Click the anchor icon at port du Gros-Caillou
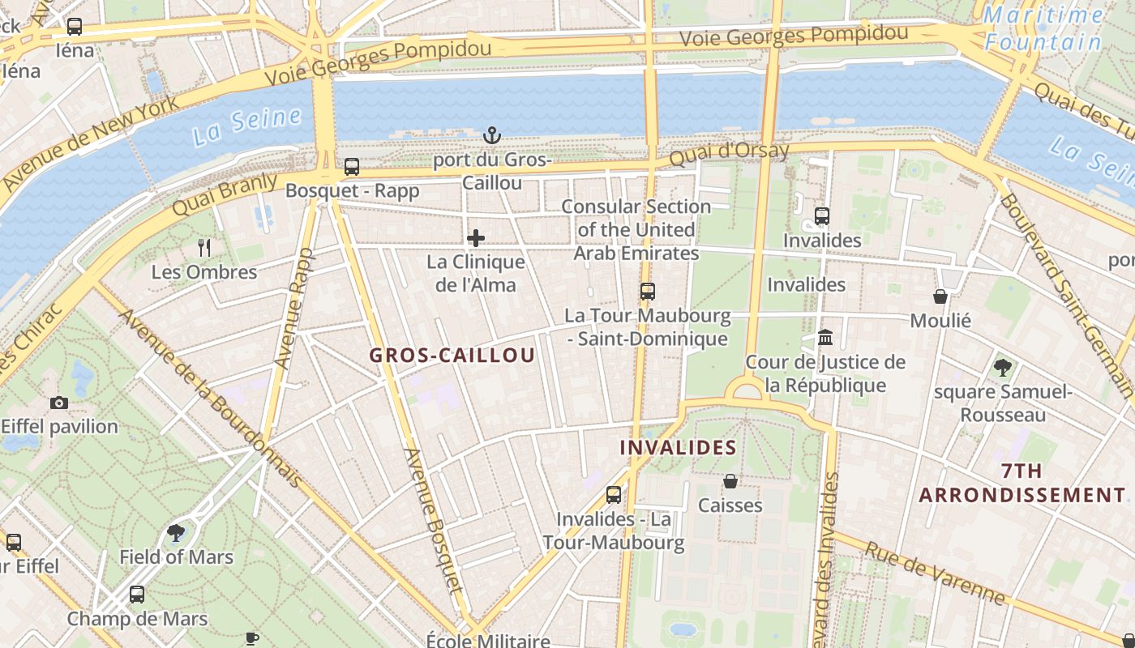491,135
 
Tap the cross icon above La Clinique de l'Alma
476,238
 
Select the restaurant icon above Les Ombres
204,248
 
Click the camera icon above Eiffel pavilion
59,403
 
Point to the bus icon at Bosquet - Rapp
352,167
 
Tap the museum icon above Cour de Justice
825,337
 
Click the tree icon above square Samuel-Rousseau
1003,368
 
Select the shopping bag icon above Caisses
730,481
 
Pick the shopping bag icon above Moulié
940,296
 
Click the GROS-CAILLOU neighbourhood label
452,355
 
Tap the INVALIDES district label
678,447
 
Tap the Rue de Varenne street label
935,573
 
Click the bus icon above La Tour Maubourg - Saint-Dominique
647,292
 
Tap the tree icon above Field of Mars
176,532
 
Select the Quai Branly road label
225,194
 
